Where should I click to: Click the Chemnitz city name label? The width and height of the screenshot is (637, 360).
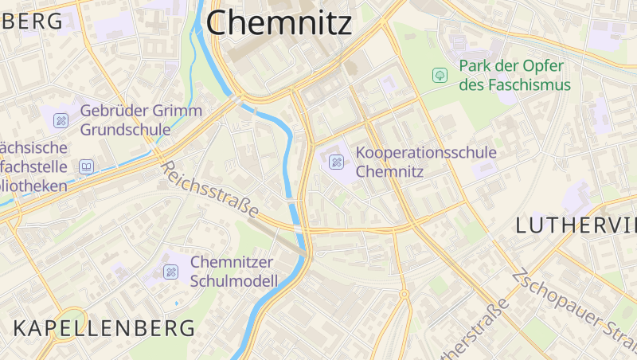pos(279,22)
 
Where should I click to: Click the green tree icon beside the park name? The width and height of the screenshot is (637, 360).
pos(438,75)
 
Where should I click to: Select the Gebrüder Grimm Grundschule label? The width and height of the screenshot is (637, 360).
pos(141,119)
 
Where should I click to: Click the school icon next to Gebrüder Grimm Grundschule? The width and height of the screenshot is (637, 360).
pos(61,120)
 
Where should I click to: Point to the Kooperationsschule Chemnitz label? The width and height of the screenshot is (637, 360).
pos(426,161)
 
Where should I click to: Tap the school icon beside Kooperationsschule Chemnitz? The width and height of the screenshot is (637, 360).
pos(336,162)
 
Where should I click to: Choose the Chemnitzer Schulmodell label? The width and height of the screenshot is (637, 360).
pos(234,271)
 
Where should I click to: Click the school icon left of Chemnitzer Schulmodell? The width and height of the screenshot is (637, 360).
pos(170,272)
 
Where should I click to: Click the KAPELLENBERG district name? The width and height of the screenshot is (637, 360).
pos(104,327)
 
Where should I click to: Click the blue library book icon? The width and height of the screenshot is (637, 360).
pos(86,167)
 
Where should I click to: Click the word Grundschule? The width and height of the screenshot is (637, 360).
pos(126,129)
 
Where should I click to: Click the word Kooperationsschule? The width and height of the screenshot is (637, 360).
pos(426,152)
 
